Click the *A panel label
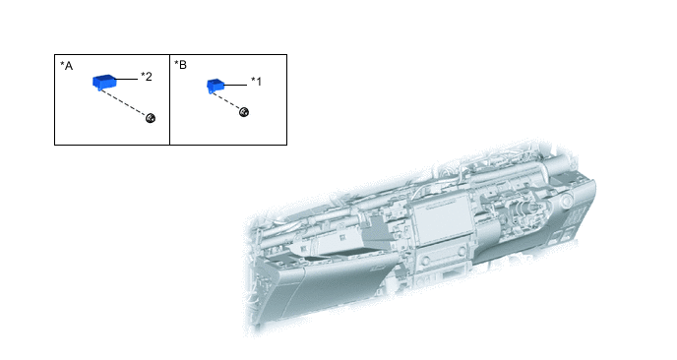tap(66, 66)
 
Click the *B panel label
tap(180, 65)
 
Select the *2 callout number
tap(147, 77)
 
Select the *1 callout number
tap(257, 82)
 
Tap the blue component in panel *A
tap(104, 82)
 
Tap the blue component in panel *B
tap(215, 85)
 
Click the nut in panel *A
tap(151, 118)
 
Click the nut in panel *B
tap(244, 112)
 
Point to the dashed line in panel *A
tap(123, 102)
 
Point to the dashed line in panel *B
tap(225, 101)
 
